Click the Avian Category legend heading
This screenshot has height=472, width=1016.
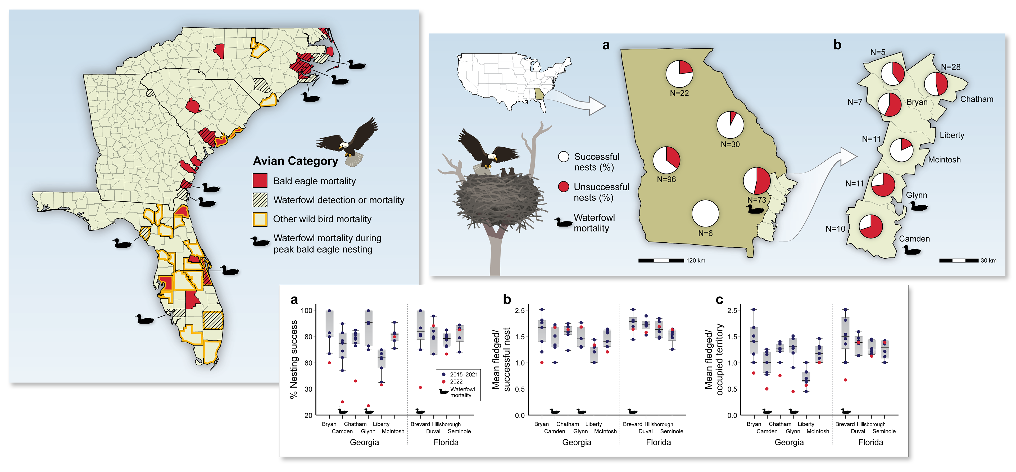pos(296,161)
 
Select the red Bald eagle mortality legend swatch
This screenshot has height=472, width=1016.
pos(260,181)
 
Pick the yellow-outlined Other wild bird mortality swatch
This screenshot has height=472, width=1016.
pos(260,219)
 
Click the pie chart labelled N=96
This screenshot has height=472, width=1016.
pos(666,160)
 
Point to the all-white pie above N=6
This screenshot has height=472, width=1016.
pos(705,213)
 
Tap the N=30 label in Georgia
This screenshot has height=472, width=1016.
pos(730,144)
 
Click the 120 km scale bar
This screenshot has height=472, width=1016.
pos(661,260)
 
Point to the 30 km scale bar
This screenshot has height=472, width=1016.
pos(958,260)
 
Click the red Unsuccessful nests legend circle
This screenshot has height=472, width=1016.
pos(564,187)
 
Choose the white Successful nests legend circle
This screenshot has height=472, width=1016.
pos(564,157)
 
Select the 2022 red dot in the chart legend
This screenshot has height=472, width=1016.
pos(443,381)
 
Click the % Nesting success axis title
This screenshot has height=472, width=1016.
pos(294,359)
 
